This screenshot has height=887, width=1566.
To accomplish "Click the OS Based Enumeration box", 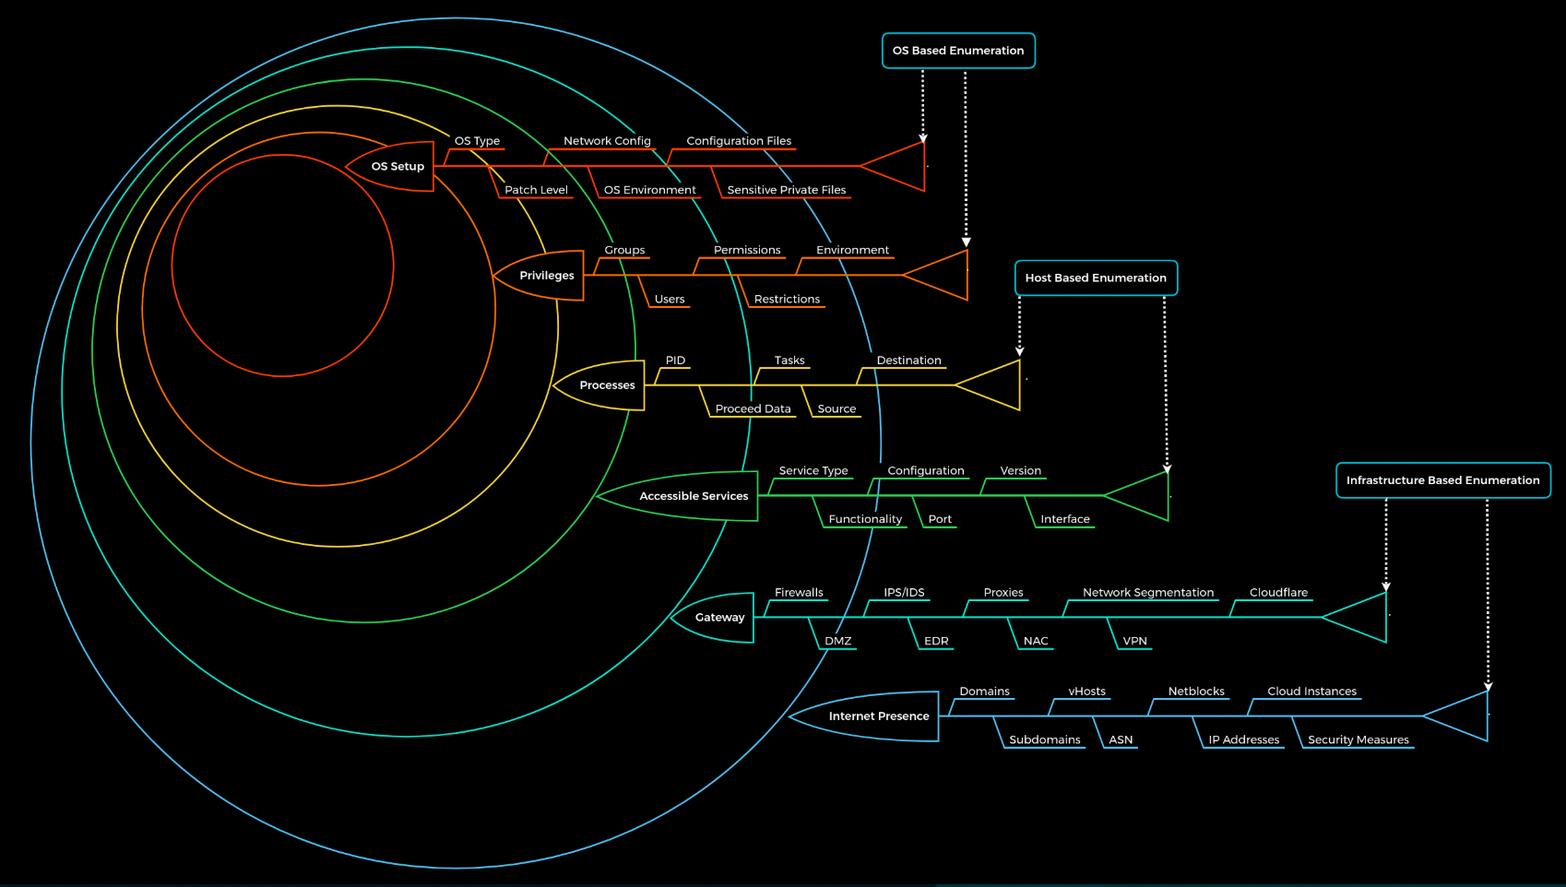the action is [x=958, y=51].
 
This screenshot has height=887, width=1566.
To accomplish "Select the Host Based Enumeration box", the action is [x=1096, y=278].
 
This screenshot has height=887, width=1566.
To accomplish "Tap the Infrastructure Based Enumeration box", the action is [x=1443, y=480].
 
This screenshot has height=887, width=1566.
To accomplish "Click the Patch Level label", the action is [x=536, y=189].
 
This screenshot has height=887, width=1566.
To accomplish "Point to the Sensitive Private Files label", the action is [x=787, y=189].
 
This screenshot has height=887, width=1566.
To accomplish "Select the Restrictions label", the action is [x=788, y=299].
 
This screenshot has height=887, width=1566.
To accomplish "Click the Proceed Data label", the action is [x=753, y=408].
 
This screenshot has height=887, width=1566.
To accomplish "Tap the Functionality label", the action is [x=865, y=518].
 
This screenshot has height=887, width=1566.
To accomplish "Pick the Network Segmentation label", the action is [x=1148, y=593].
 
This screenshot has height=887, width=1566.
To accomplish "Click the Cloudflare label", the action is [x=1278, y=592].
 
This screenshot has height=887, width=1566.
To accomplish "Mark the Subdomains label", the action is [x=1045, y=739].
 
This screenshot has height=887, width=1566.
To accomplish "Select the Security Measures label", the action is [x=1358, y=739].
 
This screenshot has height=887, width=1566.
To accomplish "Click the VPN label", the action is [x=1134, y=641].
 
